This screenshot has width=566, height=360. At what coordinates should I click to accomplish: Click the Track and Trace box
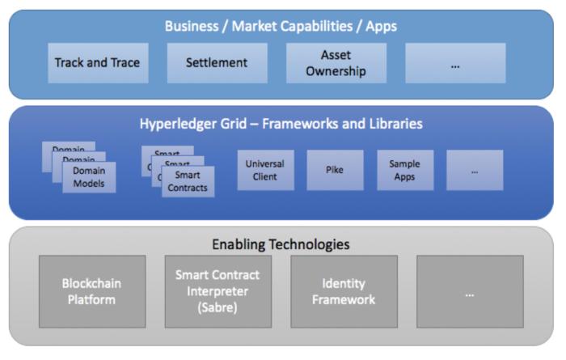(x=97, y=63)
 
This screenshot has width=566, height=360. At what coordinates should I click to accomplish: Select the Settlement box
(x=217, y=63)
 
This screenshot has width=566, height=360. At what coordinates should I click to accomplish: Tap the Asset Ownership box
(x=336, y=63)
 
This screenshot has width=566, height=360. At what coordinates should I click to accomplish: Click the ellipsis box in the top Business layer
(x=455, y=63)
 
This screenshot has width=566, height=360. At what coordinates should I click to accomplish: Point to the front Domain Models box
(x=89, y=178)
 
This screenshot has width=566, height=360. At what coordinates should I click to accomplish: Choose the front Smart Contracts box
(x=188, y=181)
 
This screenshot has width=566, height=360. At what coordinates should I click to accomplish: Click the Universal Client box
(x=265, y=170)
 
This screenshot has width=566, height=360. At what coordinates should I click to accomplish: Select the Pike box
(x=335, y=170)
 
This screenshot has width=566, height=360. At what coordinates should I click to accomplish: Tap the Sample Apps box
(x=405, y=170)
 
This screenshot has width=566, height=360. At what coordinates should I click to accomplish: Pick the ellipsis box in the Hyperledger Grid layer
(x=475, y=170)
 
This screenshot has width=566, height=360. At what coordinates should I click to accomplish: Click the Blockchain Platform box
(x=92, y=291)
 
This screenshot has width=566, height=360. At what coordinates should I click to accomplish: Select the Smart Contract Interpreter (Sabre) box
(x=217, y=291)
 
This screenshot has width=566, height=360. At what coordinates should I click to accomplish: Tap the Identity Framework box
(x=344, y=291)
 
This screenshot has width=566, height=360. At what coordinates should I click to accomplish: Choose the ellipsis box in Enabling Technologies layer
(x=469, y=291)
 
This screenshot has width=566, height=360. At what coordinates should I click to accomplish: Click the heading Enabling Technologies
(x=281, y=244)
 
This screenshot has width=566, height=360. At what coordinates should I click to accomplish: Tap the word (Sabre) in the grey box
(x=217, y=307)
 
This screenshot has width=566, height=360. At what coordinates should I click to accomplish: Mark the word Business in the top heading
(x=192, y=26)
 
